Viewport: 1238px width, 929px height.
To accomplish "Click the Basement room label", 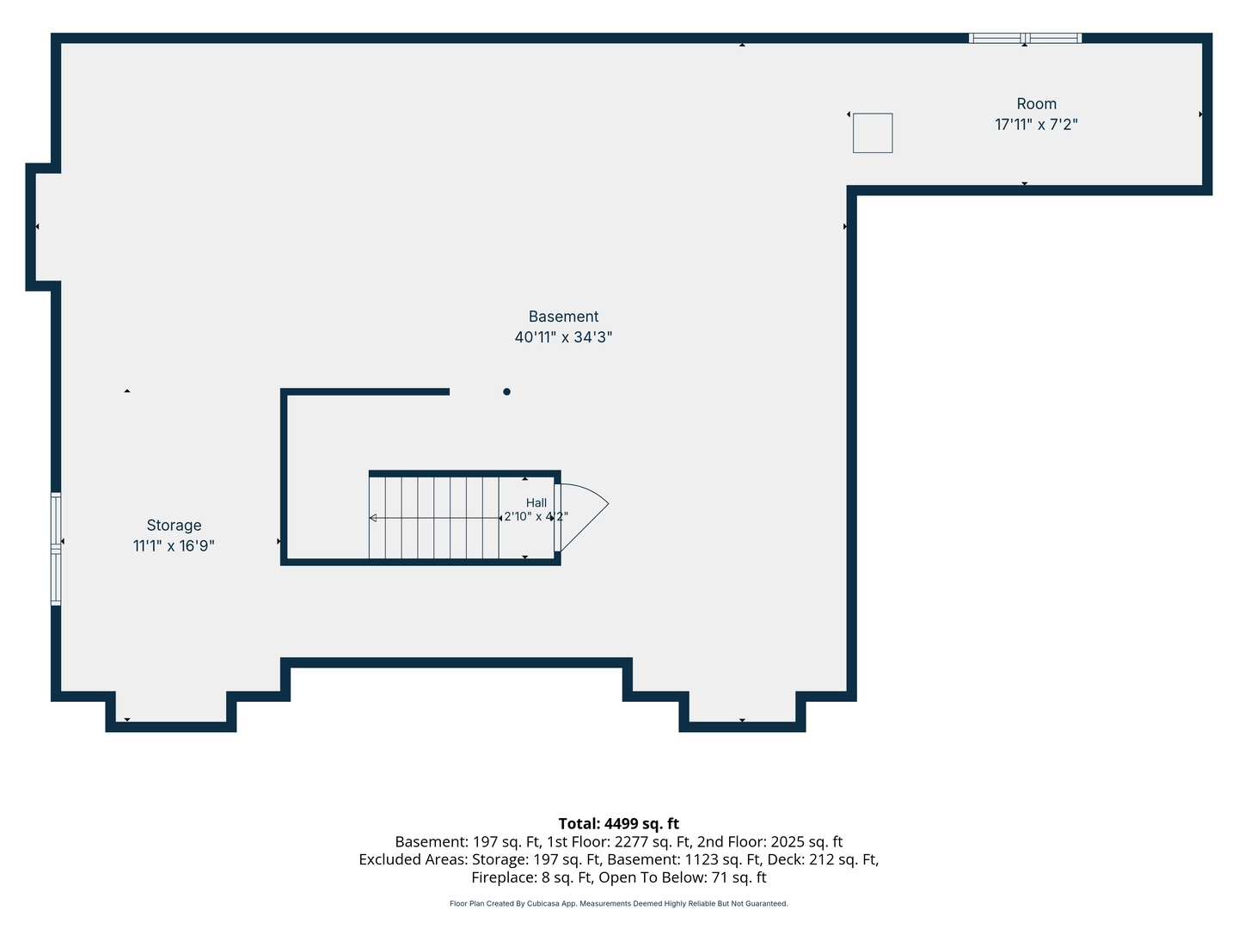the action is pyautogui.click(x=563, y=317).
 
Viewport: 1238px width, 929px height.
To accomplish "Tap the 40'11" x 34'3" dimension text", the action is pyautogui.click(x=563, y=337).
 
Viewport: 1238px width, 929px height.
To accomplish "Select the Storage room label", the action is pyautogui.click(x=174, y=526).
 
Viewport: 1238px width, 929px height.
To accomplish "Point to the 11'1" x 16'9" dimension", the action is pyautogui.click(x=174, y=546).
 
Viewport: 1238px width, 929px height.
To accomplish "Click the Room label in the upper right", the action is pyautogui.click(x=1036, y=104).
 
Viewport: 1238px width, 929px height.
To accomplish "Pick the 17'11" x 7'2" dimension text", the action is pyautogui.click(x=1036, y=125).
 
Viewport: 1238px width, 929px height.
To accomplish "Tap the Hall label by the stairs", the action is pyautogui.click(x=536, y=502).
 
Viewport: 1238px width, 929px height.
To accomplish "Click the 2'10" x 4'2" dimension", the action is pyautogui.click(x=536, y=516).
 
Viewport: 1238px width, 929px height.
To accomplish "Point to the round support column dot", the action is pyautogui.click(x=506, y=391).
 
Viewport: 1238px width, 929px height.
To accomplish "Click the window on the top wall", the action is pyautogui.click(x=1025, y=39).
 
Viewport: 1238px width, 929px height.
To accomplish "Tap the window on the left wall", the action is pyautogui.click(x=56, y=549).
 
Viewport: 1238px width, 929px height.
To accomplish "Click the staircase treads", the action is pyautogui.click(x=433, y=518).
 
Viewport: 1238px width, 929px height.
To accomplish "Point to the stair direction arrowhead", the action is pyautogui.click(x=373, y=518).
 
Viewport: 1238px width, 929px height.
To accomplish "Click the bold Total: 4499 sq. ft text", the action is pyautogui.click(x=619, y=823).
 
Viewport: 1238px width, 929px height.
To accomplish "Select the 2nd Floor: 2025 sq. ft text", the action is pyautogui.click(x=769, y=841).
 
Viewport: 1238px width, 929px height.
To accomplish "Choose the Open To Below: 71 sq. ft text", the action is pyautogui.click(x=683, y=877).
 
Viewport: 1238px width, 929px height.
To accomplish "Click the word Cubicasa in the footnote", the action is pyautogui.click(x=542, y=903).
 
